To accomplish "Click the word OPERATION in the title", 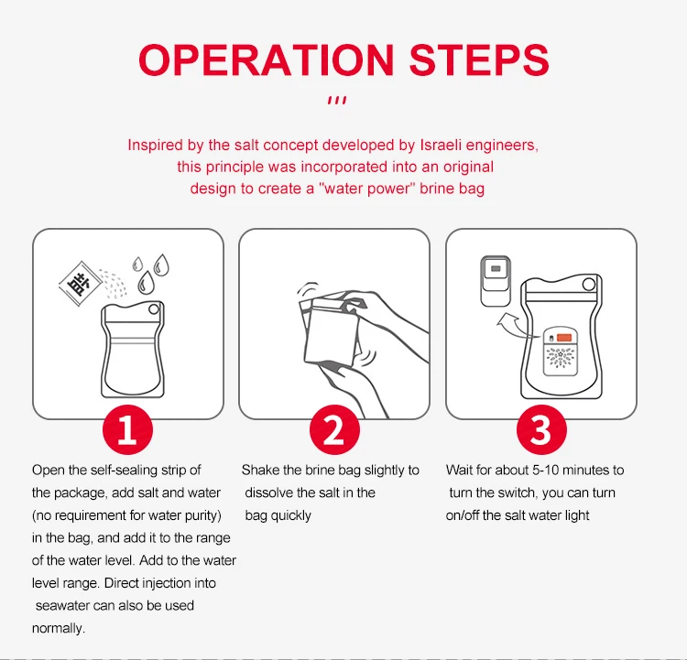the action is click(267, 60).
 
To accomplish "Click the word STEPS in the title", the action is click(479, 60).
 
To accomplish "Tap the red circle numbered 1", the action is click(127, 429).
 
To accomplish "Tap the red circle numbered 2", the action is click(334, 429).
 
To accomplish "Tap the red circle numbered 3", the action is click(541, 429).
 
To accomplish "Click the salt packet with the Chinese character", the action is click(81, 284).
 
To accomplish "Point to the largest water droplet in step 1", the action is click(146, 283).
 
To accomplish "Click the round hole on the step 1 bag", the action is click(154, 309).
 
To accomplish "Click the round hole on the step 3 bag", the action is click(589, 285).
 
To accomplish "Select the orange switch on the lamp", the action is click(564, 337).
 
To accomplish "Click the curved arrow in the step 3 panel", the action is click(517, 326).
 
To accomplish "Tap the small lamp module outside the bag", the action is click(496, 281).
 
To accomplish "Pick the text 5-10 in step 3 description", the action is click(545, 470).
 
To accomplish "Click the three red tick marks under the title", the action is click(337, 101).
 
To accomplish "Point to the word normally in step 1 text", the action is click(59, 629).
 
